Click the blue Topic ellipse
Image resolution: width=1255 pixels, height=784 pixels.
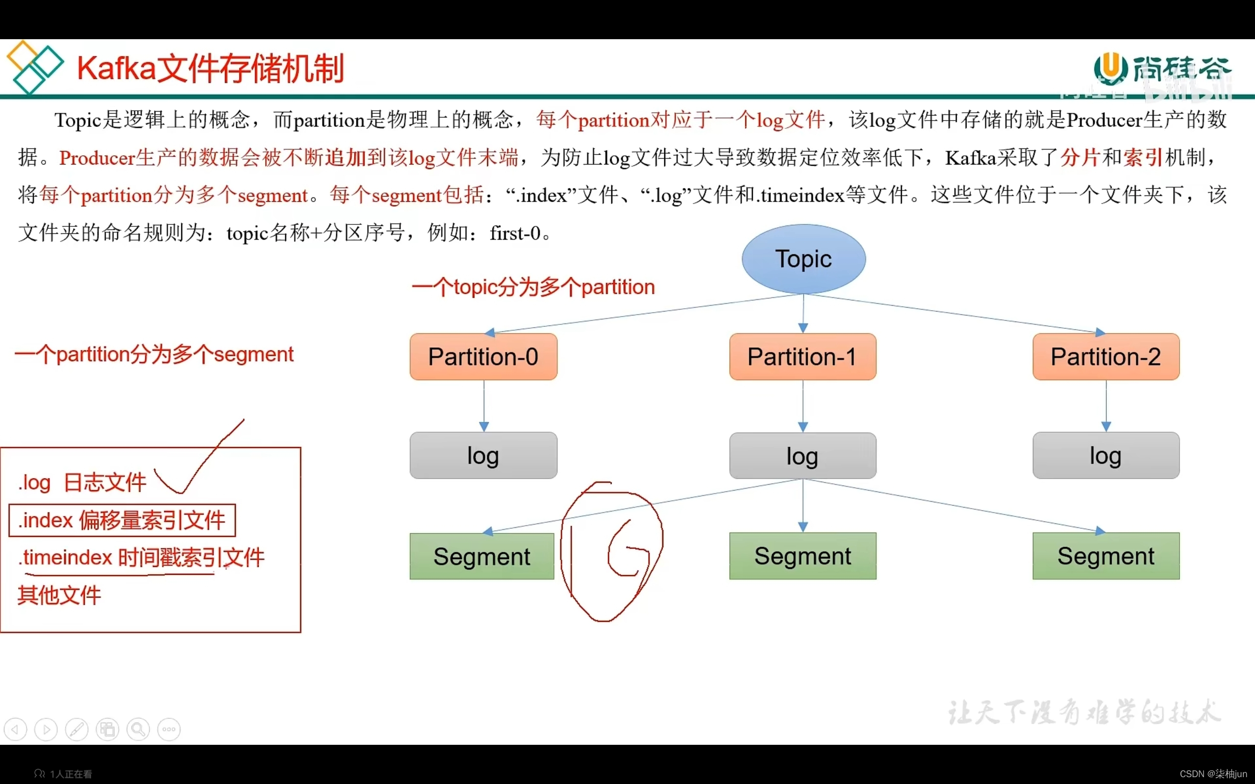pos(803,259)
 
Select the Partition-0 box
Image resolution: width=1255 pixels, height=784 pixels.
pos(483,357)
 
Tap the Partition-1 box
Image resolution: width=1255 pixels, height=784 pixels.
pos(802,357)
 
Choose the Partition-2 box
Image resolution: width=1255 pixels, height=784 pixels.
pos(1105,357)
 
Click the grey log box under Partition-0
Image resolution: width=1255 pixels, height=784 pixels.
pos(483,455)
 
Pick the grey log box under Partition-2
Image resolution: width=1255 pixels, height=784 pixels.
pos(1105,455)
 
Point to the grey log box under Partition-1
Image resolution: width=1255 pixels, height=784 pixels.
pos(802,456)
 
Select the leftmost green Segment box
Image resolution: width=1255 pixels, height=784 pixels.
pos(482,556)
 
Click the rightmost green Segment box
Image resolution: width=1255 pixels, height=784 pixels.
pos(1105,556)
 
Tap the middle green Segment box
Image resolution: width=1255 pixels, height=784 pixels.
pos(802,556)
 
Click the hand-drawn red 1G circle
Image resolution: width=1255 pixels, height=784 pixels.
pos(612,552)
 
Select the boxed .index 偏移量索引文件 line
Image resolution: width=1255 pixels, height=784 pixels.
pos(122,520)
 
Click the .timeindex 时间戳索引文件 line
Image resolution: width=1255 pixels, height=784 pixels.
pos(141,558)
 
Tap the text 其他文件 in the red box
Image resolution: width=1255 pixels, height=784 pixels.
pos(59,595)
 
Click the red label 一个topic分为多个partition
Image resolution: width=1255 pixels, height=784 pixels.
pos(533,287)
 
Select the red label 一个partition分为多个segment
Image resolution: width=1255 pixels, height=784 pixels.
pos(154,355)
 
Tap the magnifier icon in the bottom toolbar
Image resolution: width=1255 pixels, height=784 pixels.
pos(138,730)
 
